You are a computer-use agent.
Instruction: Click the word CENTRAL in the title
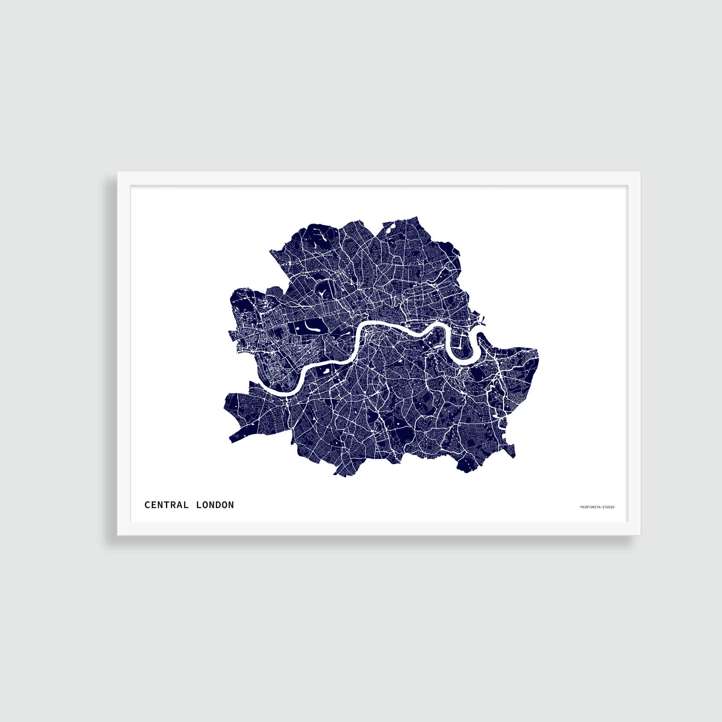pos(166,505)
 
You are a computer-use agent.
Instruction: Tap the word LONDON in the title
pos(215,505)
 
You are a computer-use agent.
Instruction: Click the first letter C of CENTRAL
pos(147,505)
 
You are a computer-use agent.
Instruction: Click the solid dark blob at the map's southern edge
pos(465,465)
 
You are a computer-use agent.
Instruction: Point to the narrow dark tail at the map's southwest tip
pos(236,436)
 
